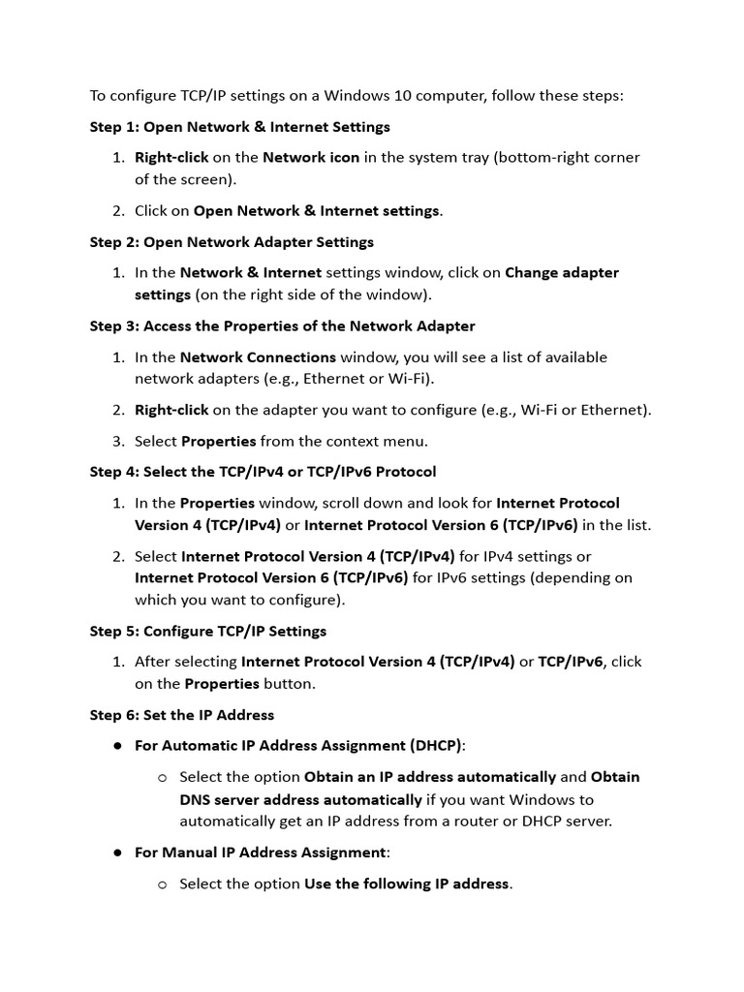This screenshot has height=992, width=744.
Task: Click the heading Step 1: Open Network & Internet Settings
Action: coord(239,127)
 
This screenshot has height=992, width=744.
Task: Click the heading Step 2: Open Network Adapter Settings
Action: coord(232,242)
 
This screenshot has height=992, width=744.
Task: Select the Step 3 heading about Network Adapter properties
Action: coord(282,326)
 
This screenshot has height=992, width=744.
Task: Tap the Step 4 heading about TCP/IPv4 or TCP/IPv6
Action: coord(263,472)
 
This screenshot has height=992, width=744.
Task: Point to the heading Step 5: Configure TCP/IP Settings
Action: coord(208,631)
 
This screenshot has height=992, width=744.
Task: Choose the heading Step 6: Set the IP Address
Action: coord(182,715)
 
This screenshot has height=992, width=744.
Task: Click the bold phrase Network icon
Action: coord(311,157)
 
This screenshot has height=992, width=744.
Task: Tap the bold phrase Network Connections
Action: coord(258,357)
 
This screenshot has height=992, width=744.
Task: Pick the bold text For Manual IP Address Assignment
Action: coord(261,852)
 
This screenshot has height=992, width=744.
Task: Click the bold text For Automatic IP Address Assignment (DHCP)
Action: coord(299,746)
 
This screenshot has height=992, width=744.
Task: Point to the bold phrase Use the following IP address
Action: coord(407,883)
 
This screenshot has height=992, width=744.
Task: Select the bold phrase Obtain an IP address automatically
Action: coord(430,777)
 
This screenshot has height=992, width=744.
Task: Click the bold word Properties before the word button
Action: coord(222,684)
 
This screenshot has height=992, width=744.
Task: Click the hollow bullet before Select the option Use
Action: coord(162,884)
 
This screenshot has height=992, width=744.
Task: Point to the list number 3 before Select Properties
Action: coord(118,442)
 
